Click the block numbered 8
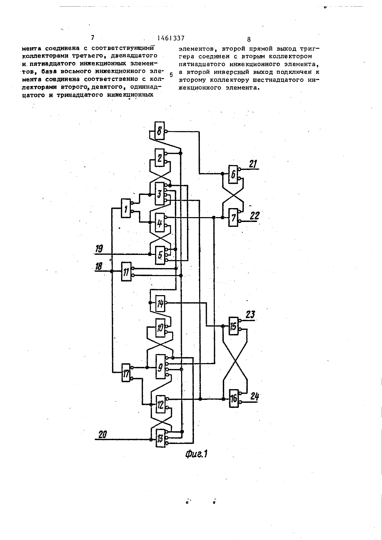click(159, 131)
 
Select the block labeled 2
click(159, 157)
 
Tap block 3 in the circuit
click(159, 194)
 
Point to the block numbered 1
click(126, 208)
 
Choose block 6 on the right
click(233, 174)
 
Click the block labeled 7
click(233, 217)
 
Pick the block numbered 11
click(126, 271)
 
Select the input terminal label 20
click(102, 435)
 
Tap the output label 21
click(253, 164)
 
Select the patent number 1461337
click(171, 38)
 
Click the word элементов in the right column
click(196, 49)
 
